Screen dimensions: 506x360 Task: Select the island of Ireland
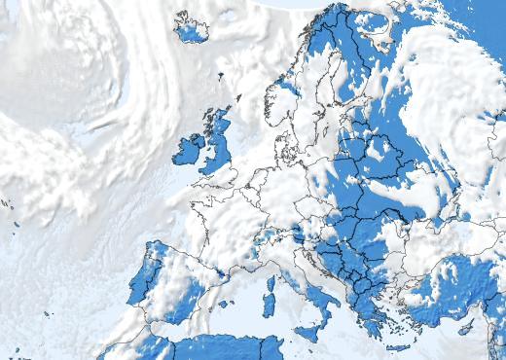190,150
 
